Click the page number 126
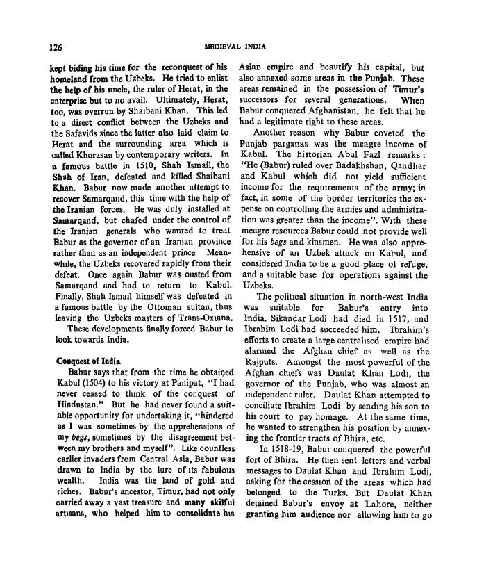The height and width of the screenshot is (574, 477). (x=56, y=48)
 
